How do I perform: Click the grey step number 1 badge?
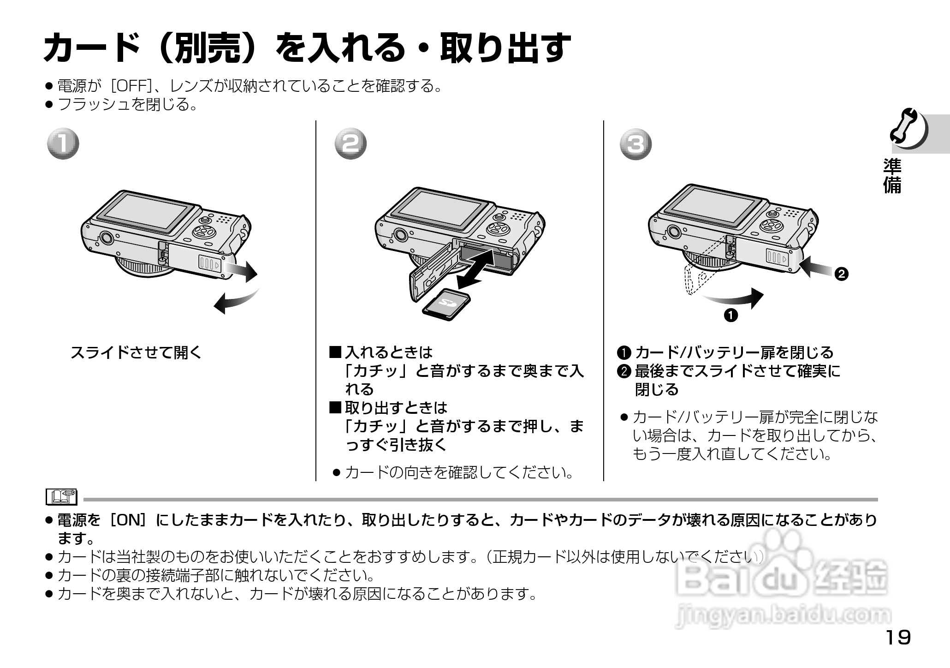click(x=64, y=143)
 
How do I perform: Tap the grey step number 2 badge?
click(x=350, y=144)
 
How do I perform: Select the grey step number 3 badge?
click(x=636, y=144)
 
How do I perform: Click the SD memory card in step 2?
click(x=446, y=303)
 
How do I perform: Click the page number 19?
click(x=897, y=638)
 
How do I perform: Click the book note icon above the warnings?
click(x=61, y=497)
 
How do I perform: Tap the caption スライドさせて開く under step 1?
click(x=136, y=353)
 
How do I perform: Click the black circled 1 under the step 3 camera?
click(x=731, y=316)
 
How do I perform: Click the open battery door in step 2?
click(x=431, y=272)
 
